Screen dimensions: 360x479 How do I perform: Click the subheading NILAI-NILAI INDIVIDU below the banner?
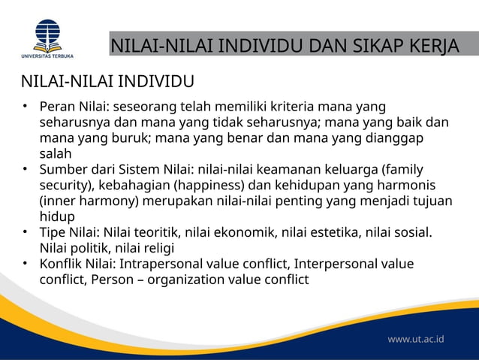click(x=108, y=81)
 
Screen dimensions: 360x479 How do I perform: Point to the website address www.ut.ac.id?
click(x=416, y=339)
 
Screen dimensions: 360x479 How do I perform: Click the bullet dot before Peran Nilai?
click(x=25, y=105)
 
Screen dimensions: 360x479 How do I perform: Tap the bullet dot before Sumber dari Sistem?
click(x=25, y=169)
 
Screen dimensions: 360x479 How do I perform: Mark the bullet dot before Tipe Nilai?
click(x=25, y=232)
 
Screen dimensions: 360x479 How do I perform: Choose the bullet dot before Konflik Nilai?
click(x=25, y=264)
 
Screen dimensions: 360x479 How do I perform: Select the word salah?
click(x=54, y=153)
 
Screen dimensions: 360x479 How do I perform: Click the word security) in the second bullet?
click(x=68, y=185)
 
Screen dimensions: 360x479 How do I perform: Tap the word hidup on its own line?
click(x=55, y=216)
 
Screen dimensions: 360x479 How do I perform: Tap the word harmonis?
click(x=412, y=185)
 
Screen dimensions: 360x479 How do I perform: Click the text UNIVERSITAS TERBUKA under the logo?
click(x=47, y=55)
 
